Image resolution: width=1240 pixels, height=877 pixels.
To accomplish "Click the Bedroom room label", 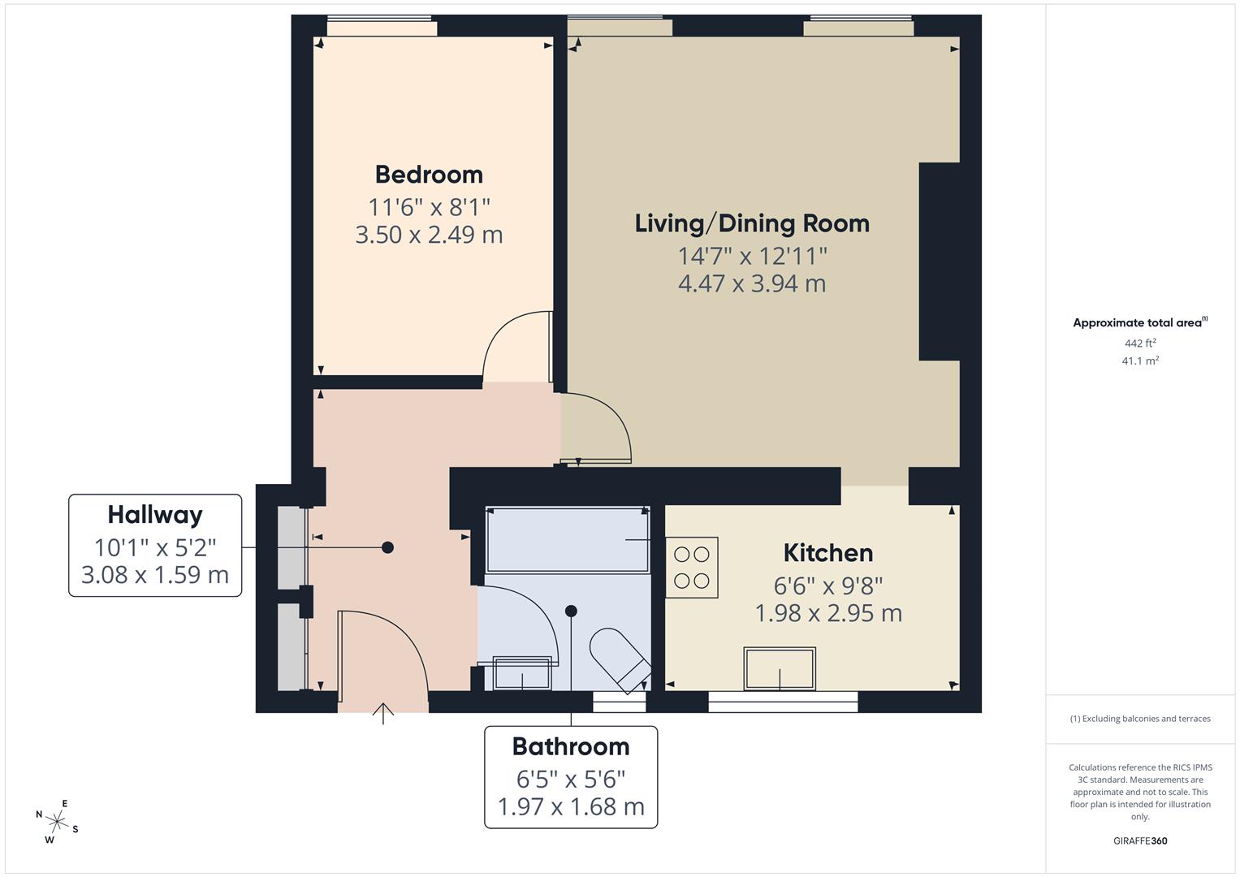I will (x=429, y=175).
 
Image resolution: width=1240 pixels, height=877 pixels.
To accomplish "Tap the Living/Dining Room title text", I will (x=752, y=223).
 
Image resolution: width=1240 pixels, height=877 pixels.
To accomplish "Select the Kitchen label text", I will (x=827, y=553).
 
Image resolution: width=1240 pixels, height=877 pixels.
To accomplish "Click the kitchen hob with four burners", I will (x=692, y=568).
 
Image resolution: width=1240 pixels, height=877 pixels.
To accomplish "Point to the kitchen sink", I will (x=780, y=668).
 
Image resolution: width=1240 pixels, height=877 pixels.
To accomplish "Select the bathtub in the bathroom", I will (x=567, y=539).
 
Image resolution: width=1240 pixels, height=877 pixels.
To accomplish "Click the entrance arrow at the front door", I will (x=383, y=712).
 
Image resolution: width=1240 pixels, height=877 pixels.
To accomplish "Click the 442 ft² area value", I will (x=1140, y=343).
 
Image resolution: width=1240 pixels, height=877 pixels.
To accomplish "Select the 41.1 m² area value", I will (x=1140, y=361).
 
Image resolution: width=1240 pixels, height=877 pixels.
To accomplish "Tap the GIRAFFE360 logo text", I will (x=1140, y=840).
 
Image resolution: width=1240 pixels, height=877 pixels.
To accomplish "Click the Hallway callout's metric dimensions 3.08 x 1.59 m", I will (x=155, y=575).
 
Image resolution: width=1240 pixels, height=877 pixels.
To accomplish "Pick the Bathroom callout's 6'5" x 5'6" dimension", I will (x=571, y=780).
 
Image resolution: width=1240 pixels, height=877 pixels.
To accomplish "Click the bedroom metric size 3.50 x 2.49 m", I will (x=429, y=235).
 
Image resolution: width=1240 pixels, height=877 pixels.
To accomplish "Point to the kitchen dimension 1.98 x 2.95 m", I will (x=827, y=613).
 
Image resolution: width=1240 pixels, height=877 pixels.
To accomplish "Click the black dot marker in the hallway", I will (x=387, y=547).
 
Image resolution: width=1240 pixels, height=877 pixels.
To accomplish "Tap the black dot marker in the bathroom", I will (x=571, y=611).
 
